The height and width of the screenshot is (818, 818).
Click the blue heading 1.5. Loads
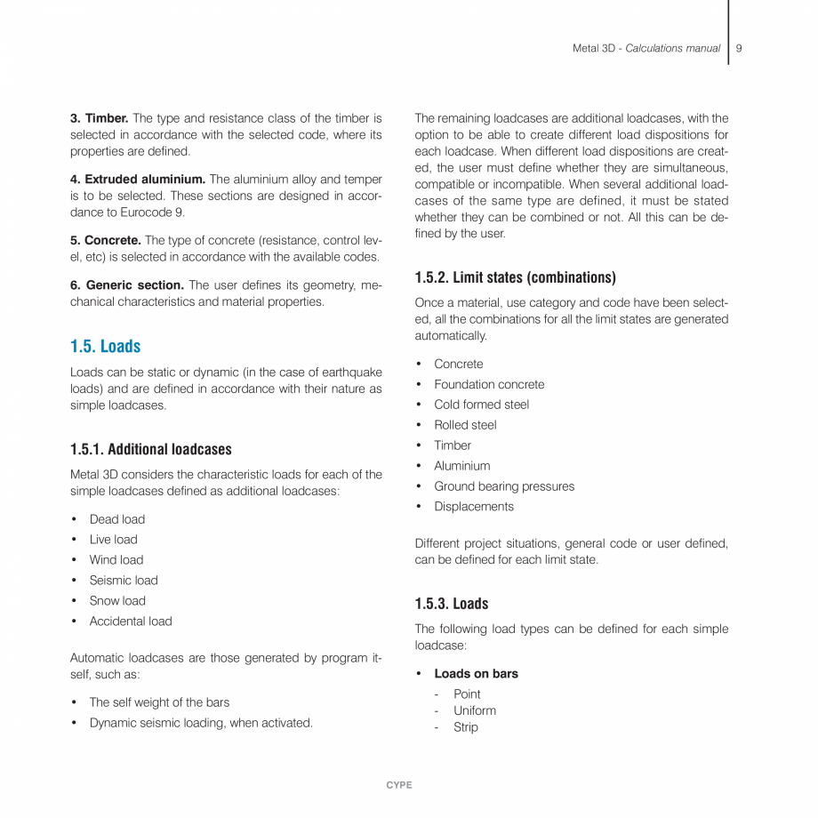105,346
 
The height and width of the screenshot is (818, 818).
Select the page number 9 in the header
739,48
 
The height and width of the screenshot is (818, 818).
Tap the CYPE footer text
399,785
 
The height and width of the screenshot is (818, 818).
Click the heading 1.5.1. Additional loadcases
150,449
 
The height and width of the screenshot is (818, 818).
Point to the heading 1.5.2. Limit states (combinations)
515,277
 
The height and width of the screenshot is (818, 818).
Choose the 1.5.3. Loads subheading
451,604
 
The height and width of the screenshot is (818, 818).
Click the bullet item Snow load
117,601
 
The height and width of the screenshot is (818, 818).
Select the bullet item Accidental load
131,622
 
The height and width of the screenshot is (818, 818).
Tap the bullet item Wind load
116,560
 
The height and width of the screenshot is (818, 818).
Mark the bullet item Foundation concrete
489,384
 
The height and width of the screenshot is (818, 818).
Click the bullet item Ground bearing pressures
504,486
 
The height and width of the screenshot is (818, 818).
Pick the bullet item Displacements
473,507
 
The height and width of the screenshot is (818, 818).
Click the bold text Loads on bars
476,674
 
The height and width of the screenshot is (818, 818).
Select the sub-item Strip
465,727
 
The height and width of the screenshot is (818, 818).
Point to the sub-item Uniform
475,710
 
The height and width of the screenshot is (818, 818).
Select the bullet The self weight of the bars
159,702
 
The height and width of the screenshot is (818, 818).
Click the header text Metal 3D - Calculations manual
646,48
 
